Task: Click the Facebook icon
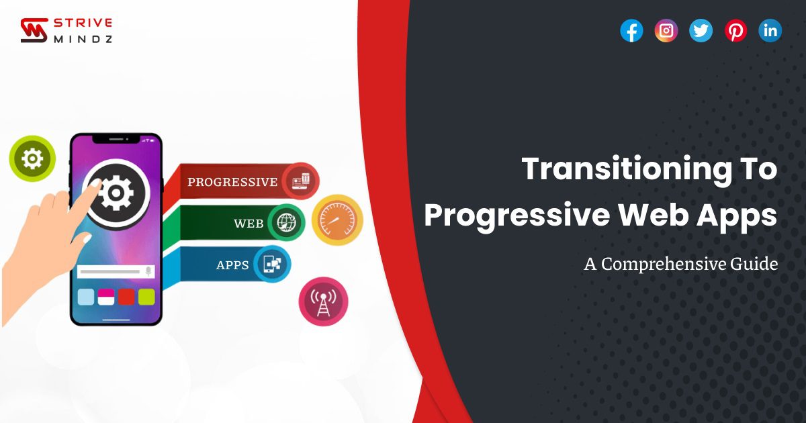click(x=631, y=31)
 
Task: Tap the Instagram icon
click(x=666, y=31)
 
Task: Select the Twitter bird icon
click(x=701, y=31)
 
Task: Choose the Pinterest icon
click(x=736, y=31)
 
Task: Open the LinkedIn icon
click(x=770, y=31)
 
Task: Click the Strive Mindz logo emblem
click(x=34, y=31)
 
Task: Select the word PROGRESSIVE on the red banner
click(x=232, y=182)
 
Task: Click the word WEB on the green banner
click(x=249, y=224)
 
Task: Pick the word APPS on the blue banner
click(x=233, y=265)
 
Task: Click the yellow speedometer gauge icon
click(x=337, y=220)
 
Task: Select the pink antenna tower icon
click(x=323, y=301)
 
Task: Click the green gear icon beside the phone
click(x=32, y=158)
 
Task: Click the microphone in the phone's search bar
click(x=148, y=271)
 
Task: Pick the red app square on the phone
click(x=126, y=297)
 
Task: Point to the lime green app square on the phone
click(x=146, y=297)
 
